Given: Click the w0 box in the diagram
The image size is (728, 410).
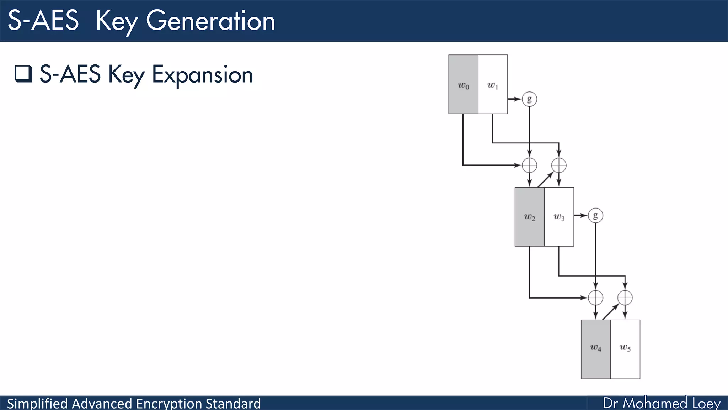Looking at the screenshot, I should pos(463,84).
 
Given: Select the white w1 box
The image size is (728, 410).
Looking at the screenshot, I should pos(493,84).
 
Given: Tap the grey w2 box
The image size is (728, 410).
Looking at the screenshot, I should pos(529,217).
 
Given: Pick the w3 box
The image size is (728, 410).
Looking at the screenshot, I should pos(559,217).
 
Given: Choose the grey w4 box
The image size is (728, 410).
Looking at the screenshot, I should pos(596,349).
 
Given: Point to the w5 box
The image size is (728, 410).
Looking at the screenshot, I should pos(625,349).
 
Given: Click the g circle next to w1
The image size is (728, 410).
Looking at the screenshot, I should pos(529,99).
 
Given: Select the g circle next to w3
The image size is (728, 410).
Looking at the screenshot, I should pos(595,215).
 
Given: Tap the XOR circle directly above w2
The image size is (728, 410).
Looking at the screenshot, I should pos(529,165).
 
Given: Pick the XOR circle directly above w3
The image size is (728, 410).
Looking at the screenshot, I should pos(559,165).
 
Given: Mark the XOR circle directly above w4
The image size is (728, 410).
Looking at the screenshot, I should pos(595,298).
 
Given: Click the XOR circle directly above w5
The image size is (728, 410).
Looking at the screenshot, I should pos(625,298).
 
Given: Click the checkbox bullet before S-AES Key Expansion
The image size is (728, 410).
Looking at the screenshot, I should pos(23,74).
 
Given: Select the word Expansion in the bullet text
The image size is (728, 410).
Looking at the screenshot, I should pos(202,75).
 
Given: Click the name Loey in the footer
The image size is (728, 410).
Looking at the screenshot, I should pos(706,403).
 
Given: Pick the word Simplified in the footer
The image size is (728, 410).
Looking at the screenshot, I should pos(37,404).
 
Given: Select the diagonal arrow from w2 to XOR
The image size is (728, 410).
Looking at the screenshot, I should pos(545,180).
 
